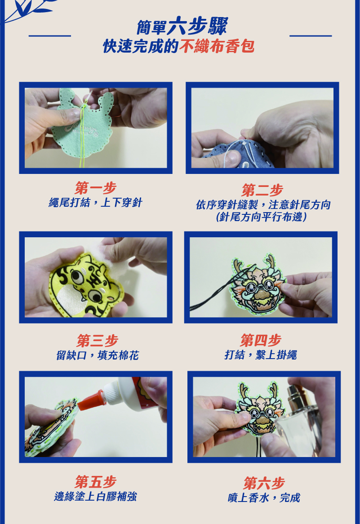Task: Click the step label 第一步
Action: point(95,188)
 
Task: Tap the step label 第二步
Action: point(262,190)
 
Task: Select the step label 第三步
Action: point(97,341)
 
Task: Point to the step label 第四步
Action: point(261,340)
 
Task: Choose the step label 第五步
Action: point(96,482)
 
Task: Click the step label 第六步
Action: point(264,483)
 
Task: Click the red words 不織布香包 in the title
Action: point(217,46)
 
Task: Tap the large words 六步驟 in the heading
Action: point(198,26)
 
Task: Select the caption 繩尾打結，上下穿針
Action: point(96,202)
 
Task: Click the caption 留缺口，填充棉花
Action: point(97,355)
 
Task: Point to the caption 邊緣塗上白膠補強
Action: point(96,496)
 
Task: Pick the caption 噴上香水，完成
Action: point(264,497)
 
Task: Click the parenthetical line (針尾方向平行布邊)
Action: point(262,217)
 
